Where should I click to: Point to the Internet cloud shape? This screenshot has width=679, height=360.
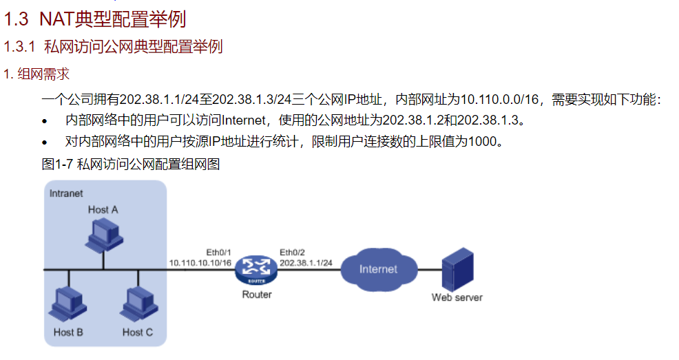coord(378,268)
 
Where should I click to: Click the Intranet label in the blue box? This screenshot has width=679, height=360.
coord(66,193)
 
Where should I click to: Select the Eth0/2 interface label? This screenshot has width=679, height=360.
coord(292,251)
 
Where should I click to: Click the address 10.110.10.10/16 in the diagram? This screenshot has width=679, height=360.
coord(200,263)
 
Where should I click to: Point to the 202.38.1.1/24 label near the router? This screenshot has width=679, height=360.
coord(306,263)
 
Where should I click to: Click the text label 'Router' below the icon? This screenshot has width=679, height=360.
coord(257,295)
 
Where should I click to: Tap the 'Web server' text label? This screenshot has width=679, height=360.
coord(457,297)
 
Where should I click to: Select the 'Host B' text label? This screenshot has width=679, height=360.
coord(68,332)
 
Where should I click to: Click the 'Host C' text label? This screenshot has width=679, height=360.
coord(137,332)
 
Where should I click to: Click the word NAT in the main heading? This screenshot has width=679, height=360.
coord(56,19)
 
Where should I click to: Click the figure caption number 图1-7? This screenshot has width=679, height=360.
coord(57,165)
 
